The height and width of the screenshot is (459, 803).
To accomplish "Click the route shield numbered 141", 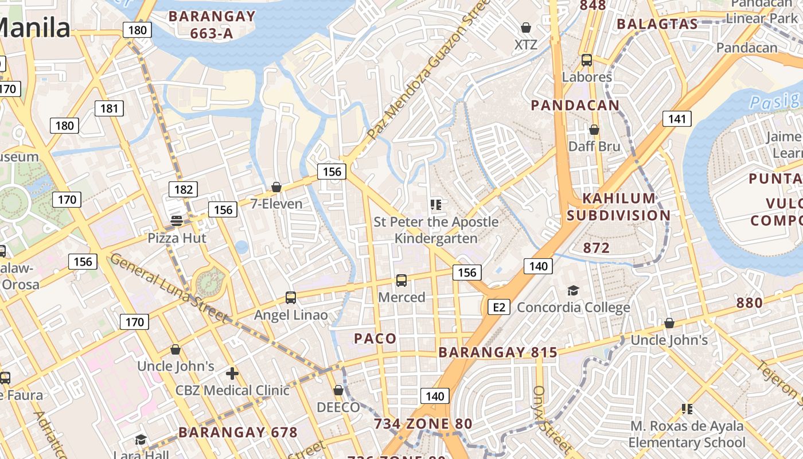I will click(x=677, y=119).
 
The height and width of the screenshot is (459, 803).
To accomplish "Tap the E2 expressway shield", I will click(x=499, y=307).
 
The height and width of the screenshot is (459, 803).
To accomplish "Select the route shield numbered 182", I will click(x=183, y=189).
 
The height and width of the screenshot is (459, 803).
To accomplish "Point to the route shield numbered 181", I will click(x=109, y=108).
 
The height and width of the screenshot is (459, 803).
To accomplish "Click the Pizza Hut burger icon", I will click(x=177, y=221).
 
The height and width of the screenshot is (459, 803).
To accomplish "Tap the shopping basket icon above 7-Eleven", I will click(x=276, y=187).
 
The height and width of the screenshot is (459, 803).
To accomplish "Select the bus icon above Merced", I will click(x=402, y=281).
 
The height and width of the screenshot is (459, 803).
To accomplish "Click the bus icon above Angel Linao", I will click(x=291, y=298).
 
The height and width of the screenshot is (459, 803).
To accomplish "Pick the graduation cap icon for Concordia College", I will click(x=573, y=290).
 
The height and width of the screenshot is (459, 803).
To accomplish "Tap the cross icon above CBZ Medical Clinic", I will click(x=232, y=374).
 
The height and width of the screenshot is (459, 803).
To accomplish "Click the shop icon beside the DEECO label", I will click(x=338, y=390).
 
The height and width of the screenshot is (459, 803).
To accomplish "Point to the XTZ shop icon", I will click(x=525, y=28).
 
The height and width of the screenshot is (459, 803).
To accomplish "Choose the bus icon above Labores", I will click(x=587, y=60).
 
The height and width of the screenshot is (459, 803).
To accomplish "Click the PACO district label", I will click(x=375, y=339).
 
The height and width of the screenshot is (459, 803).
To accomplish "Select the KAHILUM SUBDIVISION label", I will click(x=626, y=207).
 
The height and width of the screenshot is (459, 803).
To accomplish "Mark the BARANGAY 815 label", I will click(x=498, y=352).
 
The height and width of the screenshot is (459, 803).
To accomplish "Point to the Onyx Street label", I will click(x=552, y=419).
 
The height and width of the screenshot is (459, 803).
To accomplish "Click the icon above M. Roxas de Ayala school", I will click(x=687, y=409).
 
